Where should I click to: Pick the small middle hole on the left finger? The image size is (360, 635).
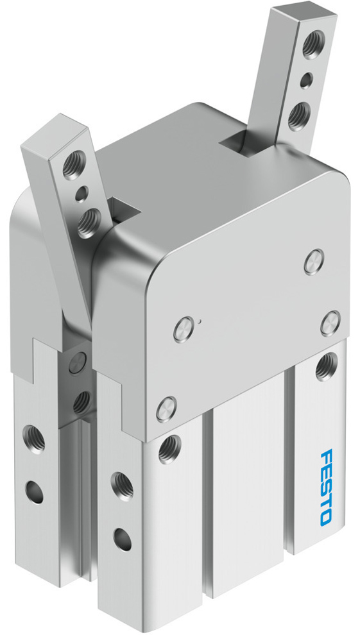click(81, 192)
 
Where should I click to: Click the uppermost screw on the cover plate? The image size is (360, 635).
click(312, 261)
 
